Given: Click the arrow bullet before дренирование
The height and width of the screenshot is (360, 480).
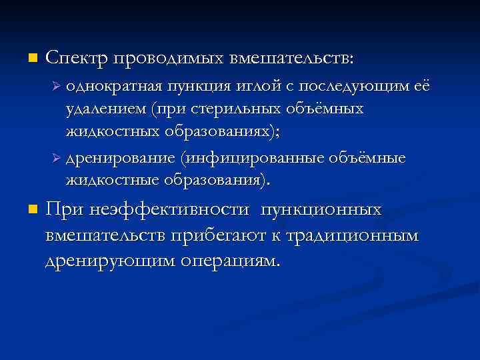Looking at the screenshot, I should tap(57, 159).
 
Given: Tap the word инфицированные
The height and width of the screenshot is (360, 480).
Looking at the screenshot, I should tap(254, 159).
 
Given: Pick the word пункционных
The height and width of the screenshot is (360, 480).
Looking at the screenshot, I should tap(321, 211).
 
